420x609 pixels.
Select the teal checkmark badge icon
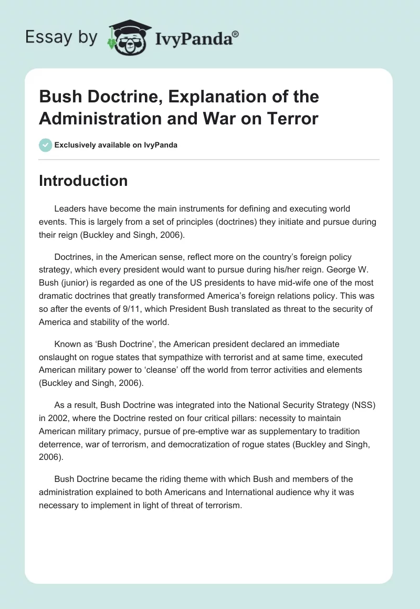pos(46,145)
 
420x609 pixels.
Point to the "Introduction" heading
pos(83,181)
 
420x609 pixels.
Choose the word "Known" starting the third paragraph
pos(67,344)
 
